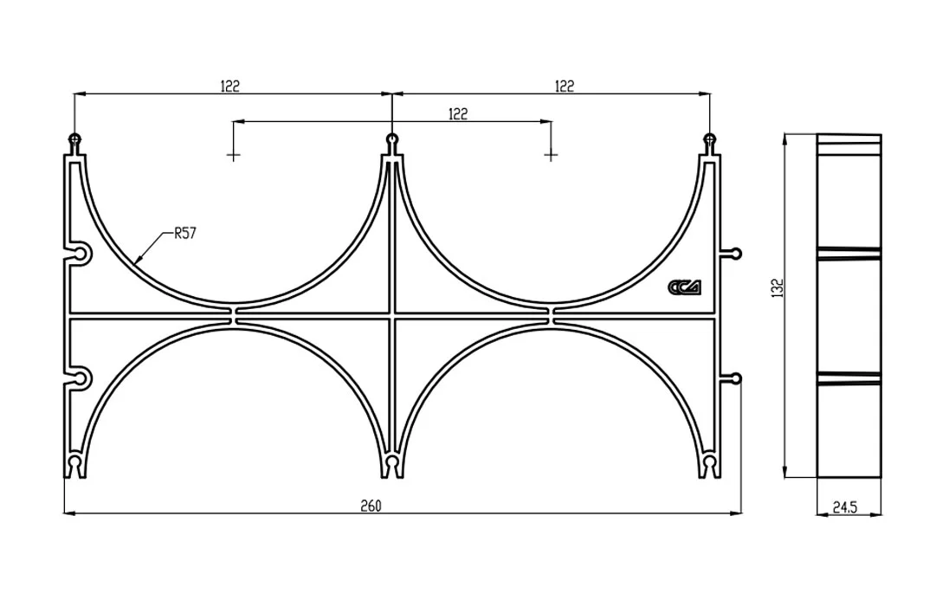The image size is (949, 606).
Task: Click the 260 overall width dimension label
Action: point(371,506)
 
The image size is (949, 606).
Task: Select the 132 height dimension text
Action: point(778,287)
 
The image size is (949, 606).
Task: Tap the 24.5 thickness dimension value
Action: point(844,507)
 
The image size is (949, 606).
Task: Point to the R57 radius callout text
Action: point(185,233)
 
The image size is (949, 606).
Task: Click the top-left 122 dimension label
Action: point(230,86)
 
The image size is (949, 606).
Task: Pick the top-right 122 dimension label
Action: point(564,86)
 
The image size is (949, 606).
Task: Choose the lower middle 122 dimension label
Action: point(458,113)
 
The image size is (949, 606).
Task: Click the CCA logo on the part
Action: point(685,287)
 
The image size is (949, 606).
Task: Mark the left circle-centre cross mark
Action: point(233,156)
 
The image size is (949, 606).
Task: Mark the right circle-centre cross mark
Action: point(550,156)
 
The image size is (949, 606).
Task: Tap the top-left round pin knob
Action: point(74,139)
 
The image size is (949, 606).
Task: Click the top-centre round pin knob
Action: point(392,139)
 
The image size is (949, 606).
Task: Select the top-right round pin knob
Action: point(709,139)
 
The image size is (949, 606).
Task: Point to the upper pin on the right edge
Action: point(735,253)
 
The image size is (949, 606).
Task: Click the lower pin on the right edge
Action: point(735,379)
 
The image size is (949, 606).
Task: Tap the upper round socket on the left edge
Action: point(81,254)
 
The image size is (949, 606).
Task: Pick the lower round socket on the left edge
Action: point(81,379)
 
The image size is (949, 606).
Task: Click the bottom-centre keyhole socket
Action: point(392,465)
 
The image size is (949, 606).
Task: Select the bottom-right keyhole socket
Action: point(709,465)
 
